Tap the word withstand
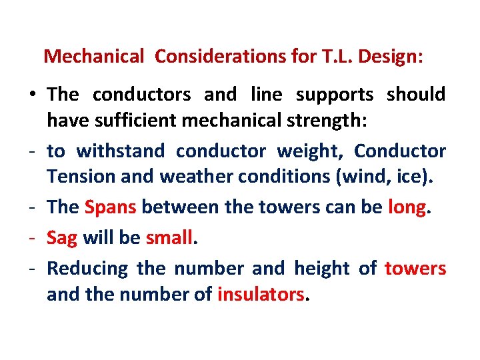pyautogui.click(x=120, y=151)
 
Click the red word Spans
pyautogui.click(x=111, y=207)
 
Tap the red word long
pyautogui.click(x=407, y=207)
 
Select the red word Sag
pyautogui.click(x=62, y=237)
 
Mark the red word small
pyautogui.click(x=169, y=237)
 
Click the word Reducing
pyautogui.click(x=87, y=269)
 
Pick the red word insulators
pyautogui.click(x=261, y=293)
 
